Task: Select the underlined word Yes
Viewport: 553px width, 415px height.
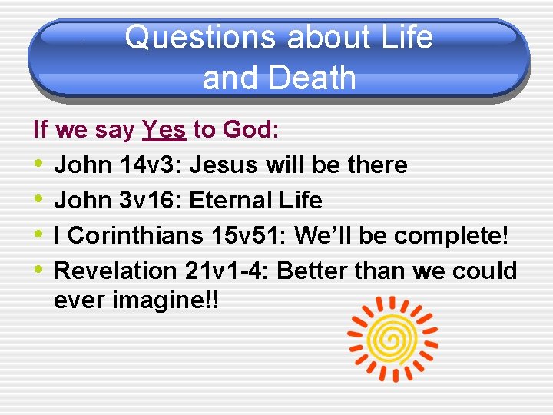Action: [x=164, y=130]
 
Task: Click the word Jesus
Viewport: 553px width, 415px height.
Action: [x=220, y=164]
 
